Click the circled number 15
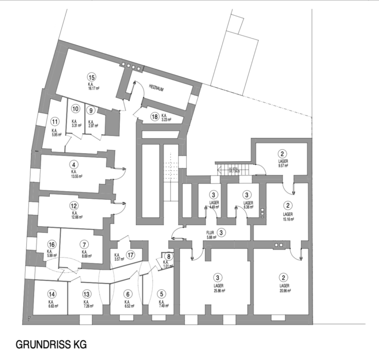point(91,76)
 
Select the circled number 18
point(155,116)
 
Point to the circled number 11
point(55,121)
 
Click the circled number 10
point(76,109)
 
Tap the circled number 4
point(74,165)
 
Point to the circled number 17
point(130,255)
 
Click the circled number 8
point(169,256)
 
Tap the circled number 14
point(52,294)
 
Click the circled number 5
point(161,294)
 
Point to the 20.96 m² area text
point(284,291)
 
